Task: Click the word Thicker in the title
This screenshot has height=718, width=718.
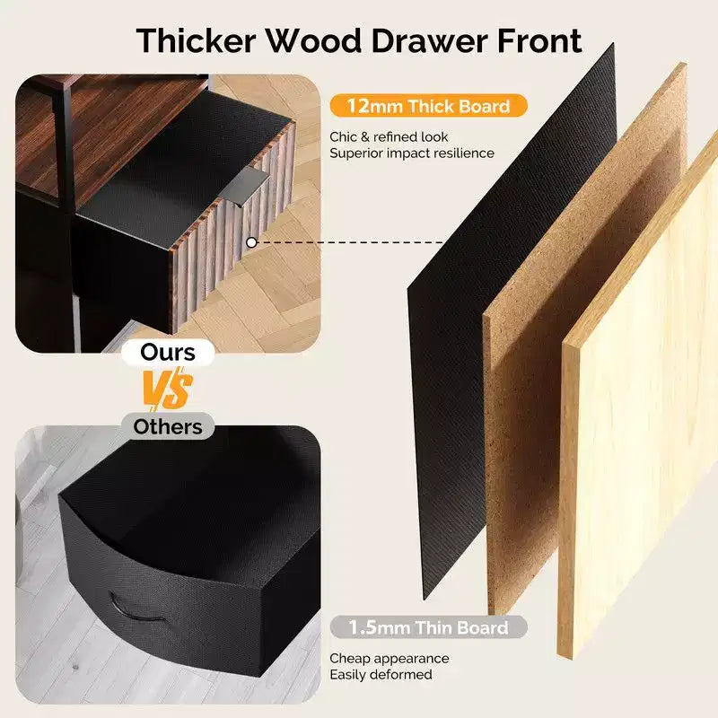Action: [196, 40]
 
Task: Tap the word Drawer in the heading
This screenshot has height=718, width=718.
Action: [430, 40]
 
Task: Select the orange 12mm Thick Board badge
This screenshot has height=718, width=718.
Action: [428, 106]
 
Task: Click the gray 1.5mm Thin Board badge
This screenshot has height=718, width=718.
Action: [428, 626]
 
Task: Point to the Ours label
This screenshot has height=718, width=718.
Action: [168, 352]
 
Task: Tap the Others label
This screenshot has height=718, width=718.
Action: [168, 426]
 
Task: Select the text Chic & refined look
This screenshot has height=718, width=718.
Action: [389, 136]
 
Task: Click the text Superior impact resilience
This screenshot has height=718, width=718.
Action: [412, 153]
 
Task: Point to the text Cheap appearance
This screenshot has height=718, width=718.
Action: [390, 658]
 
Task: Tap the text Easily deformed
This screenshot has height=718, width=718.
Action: [381, 674]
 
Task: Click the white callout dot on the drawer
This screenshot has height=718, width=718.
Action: [251, 242]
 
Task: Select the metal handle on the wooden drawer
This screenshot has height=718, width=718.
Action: [245, 183]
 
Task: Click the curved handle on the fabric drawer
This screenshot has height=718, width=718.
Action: [136, 609]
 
